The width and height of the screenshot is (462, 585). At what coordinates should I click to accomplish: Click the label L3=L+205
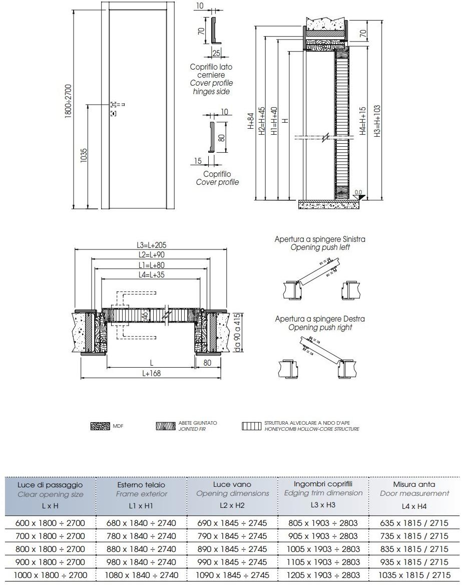click(x=151, y=245)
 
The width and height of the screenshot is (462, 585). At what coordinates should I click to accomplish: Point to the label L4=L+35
click(x=151, y=274)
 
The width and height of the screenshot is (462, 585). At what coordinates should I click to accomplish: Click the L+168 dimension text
click(x=151, y=373)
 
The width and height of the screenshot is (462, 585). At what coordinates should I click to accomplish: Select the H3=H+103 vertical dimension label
click(x=377, y=120)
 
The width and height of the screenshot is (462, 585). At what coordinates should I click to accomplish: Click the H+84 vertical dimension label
click(x=251, y=121)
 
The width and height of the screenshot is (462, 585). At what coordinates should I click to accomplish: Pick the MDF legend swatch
click(x=100, y=426)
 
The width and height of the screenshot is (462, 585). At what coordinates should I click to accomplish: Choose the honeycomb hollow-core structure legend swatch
click(x=252, y=426)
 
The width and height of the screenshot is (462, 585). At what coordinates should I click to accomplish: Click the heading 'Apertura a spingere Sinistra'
click(x=320, y=239)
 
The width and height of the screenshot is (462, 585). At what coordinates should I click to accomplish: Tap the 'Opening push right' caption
click(x=320, y=328)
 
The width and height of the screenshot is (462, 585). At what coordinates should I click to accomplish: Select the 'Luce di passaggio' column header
click(x=50, y=485)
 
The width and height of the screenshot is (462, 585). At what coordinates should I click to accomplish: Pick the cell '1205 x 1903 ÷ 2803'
click(x=323, y=575)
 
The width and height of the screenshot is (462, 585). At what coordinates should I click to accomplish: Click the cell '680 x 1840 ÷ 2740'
click(x=141, y=523)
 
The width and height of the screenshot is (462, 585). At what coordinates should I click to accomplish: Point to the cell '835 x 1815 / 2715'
click(x=413, y=549)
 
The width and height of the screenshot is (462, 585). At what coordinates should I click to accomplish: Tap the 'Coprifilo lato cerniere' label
click(x=211, y=71)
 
